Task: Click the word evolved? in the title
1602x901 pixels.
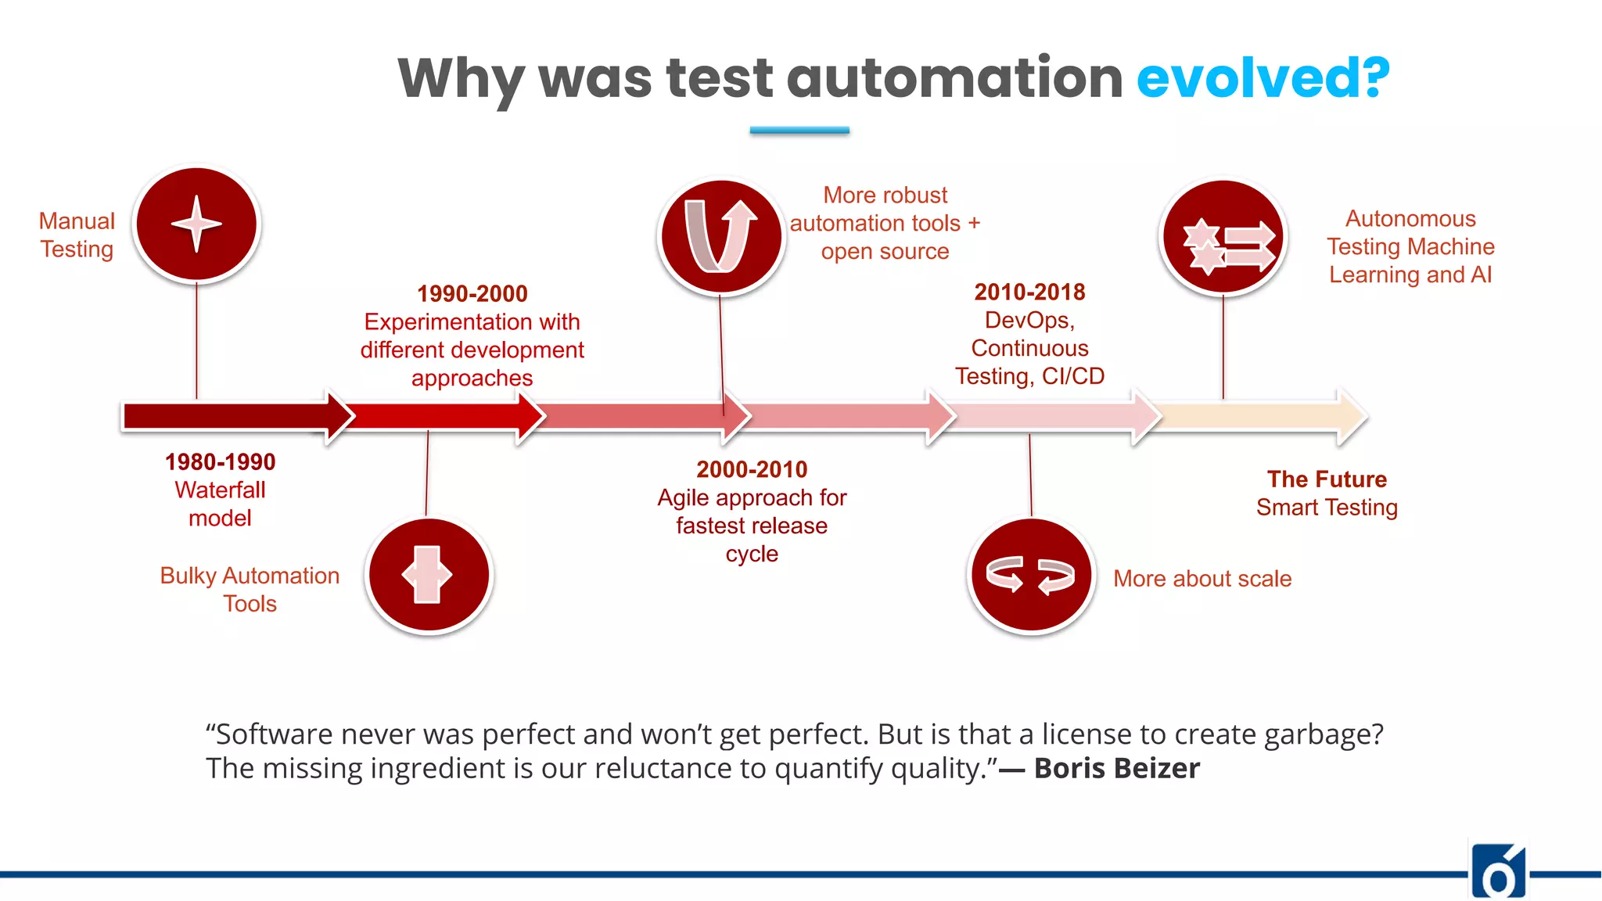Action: (1263, 78)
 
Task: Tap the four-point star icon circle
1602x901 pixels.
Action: (196, 224)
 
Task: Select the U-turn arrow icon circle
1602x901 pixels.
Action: (721, 236)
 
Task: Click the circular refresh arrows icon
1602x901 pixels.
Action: (1030, 576)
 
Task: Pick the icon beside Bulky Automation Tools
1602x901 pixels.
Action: (428, 576)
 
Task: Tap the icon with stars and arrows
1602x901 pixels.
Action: (1223, 237)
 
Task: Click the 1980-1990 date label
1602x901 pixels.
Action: (220, 461)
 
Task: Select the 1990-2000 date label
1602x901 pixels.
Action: (472, 293)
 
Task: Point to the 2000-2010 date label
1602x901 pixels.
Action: (752, 469)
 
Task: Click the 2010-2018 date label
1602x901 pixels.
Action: (1029, 292)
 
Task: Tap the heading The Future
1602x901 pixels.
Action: (1327, 479)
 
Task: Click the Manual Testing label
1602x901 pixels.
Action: (77, 235)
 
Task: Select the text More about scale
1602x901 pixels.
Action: (1201, 579)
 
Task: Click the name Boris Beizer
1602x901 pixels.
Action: (1116, 768)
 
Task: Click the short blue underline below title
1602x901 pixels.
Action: (799, 131)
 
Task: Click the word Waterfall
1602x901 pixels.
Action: (220, 490)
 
